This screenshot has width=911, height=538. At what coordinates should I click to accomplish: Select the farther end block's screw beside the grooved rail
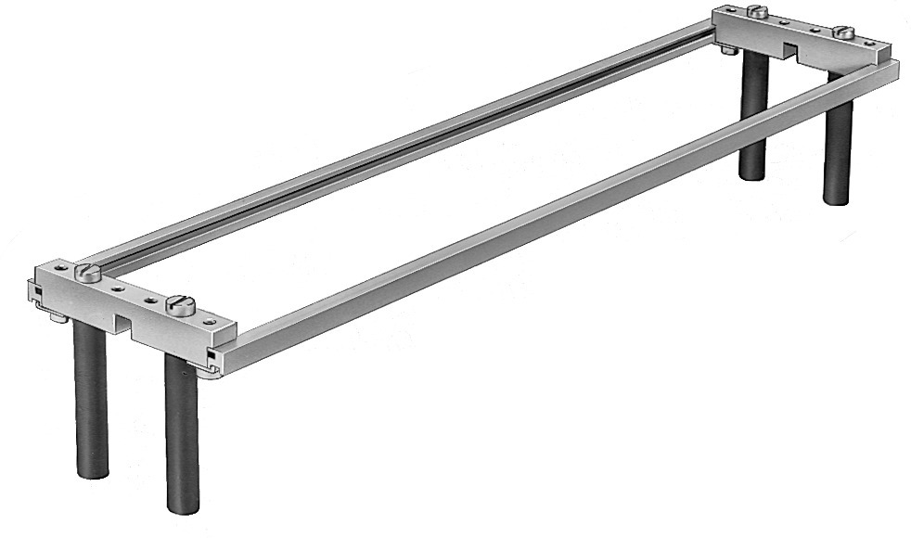pos(757,12)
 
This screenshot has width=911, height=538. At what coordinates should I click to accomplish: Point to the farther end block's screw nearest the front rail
pos(843,32)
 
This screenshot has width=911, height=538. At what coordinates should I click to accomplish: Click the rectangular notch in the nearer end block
pos(124,321)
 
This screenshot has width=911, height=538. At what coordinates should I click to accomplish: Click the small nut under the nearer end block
pos(58,318)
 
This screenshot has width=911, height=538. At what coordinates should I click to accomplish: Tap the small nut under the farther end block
pos(729,49)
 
